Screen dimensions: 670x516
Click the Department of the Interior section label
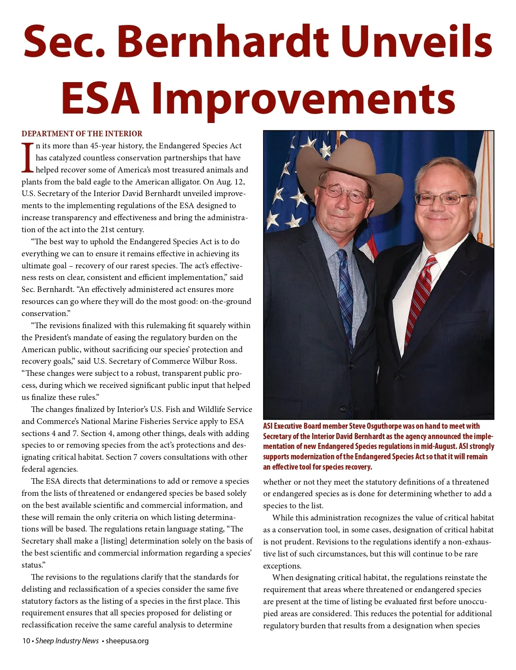pos(82,134)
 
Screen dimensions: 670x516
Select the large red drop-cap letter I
pos(27,157)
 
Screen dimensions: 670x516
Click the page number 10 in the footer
pos(26,641)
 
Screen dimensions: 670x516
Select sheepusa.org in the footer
pos(127,641)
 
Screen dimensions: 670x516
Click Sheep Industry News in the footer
pos(67,641)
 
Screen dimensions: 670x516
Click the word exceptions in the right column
pos(282,566)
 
